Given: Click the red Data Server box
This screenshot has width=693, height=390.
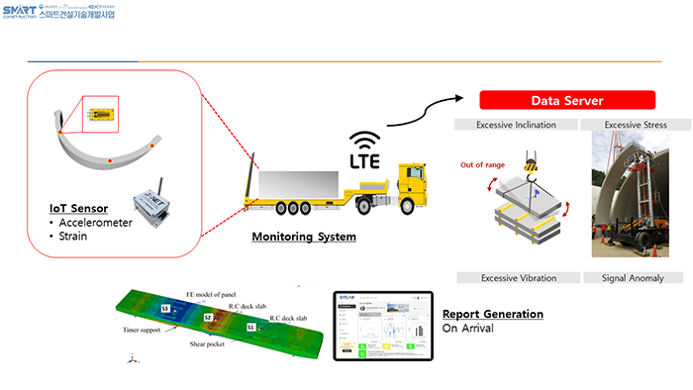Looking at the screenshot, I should click(567, 100).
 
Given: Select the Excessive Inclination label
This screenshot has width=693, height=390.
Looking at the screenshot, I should click(515, 125).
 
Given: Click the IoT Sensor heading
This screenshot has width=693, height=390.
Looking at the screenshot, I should click(79, 209).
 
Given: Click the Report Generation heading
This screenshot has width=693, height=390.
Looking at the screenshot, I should click(492, 314).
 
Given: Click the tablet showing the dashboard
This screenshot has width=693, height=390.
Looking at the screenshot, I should click(382, 326).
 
